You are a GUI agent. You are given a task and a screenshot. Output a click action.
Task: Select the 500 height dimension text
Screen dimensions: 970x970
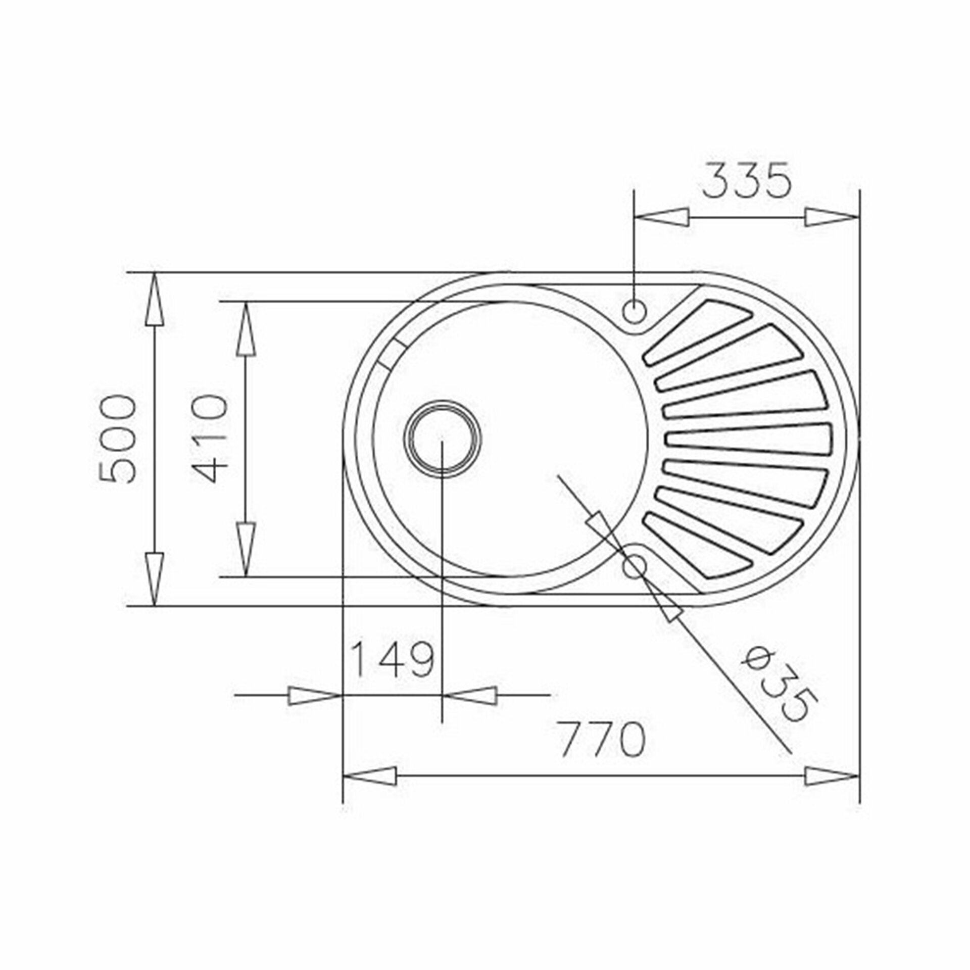click(x=117, y=439)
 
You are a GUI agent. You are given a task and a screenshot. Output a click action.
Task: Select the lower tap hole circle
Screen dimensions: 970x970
click(x=635, y=567)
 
